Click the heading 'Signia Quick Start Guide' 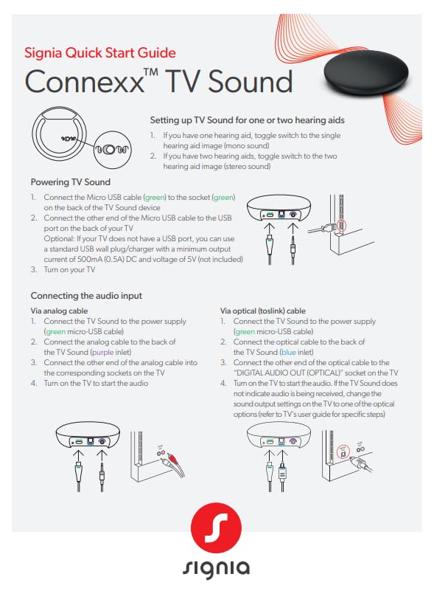click(x=100, y=53)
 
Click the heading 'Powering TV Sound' click(x=70, y=182)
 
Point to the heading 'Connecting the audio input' click(x=86, y=296)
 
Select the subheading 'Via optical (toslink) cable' click(x=263, y=311)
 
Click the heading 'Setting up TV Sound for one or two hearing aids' click(x=247, y=120)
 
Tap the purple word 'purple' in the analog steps click(x=102, y=353)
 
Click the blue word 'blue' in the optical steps click(x=290, y=353)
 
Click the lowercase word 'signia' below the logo click(x=216, y=569)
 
